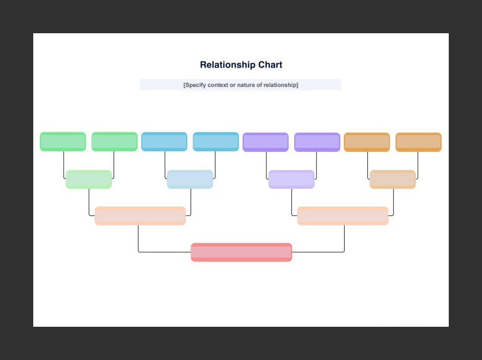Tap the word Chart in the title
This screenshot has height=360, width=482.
tap(270, 65)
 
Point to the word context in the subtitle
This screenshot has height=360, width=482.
tap(218, 85)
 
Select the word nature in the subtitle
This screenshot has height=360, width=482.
tap(245, 85)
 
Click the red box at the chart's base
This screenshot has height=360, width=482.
tap(242, 253)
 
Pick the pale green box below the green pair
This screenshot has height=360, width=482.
tap(89, 179)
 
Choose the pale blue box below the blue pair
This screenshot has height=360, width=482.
tap(190, 179)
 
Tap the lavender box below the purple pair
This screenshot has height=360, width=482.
tap(291, 179)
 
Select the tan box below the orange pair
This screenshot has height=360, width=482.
tap(393, 179)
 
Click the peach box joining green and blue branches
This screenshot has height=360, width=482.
tap(140, 216)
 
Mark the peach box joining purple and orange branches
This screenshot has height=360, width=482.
tap(343, 216)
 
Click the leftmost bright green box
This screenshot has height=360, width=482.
tap(63, 142)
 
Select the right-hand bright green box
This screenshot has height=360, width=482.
tap(114, 142)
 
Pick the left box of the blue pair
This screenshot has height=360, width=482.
tap(164, 142)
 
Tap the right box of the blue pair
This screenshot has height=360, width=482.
tap(216, 142)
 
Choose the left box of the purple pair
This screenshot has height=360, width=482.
tap(265, 142)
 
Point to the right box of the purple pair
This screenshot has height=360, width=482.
tap(317, 142)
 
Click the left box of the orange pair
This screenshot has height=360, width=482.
tap(367, 142)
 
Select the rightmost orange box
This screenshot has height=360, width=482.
tap(419, 142)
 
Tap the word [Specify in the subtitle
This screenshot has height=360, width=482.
tap(194, 85)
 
